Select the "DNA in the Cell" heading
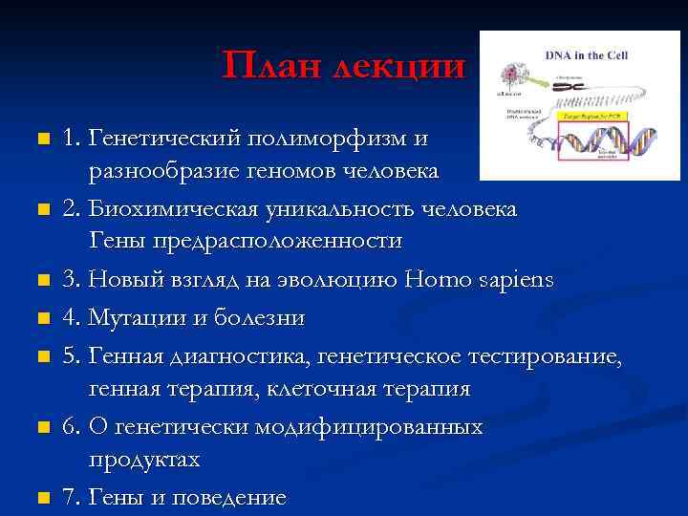point(588,54)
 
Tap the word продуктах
point(144,460)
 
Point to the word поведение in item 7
point(228,497)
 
